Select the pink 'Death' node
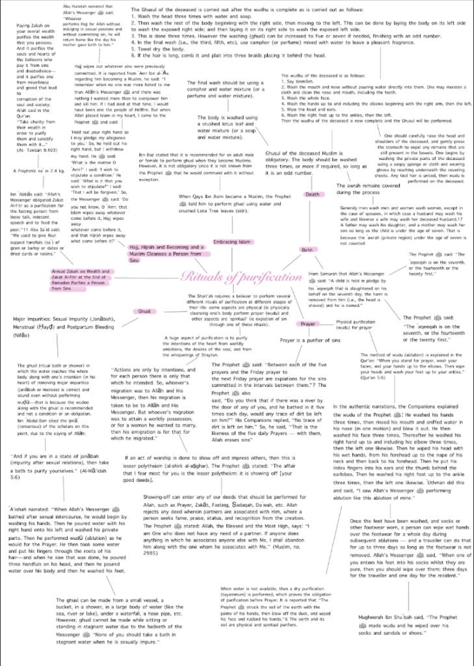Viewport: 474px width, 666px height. (x=312, y=194)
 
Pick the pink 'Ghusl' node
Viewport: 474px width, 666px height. (x=144, y=312)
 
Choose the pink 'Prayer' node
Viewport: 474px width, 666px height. (x=308, y=323)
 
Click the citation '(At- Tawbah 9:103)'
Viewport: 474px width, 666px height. (x=38, y=150)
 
